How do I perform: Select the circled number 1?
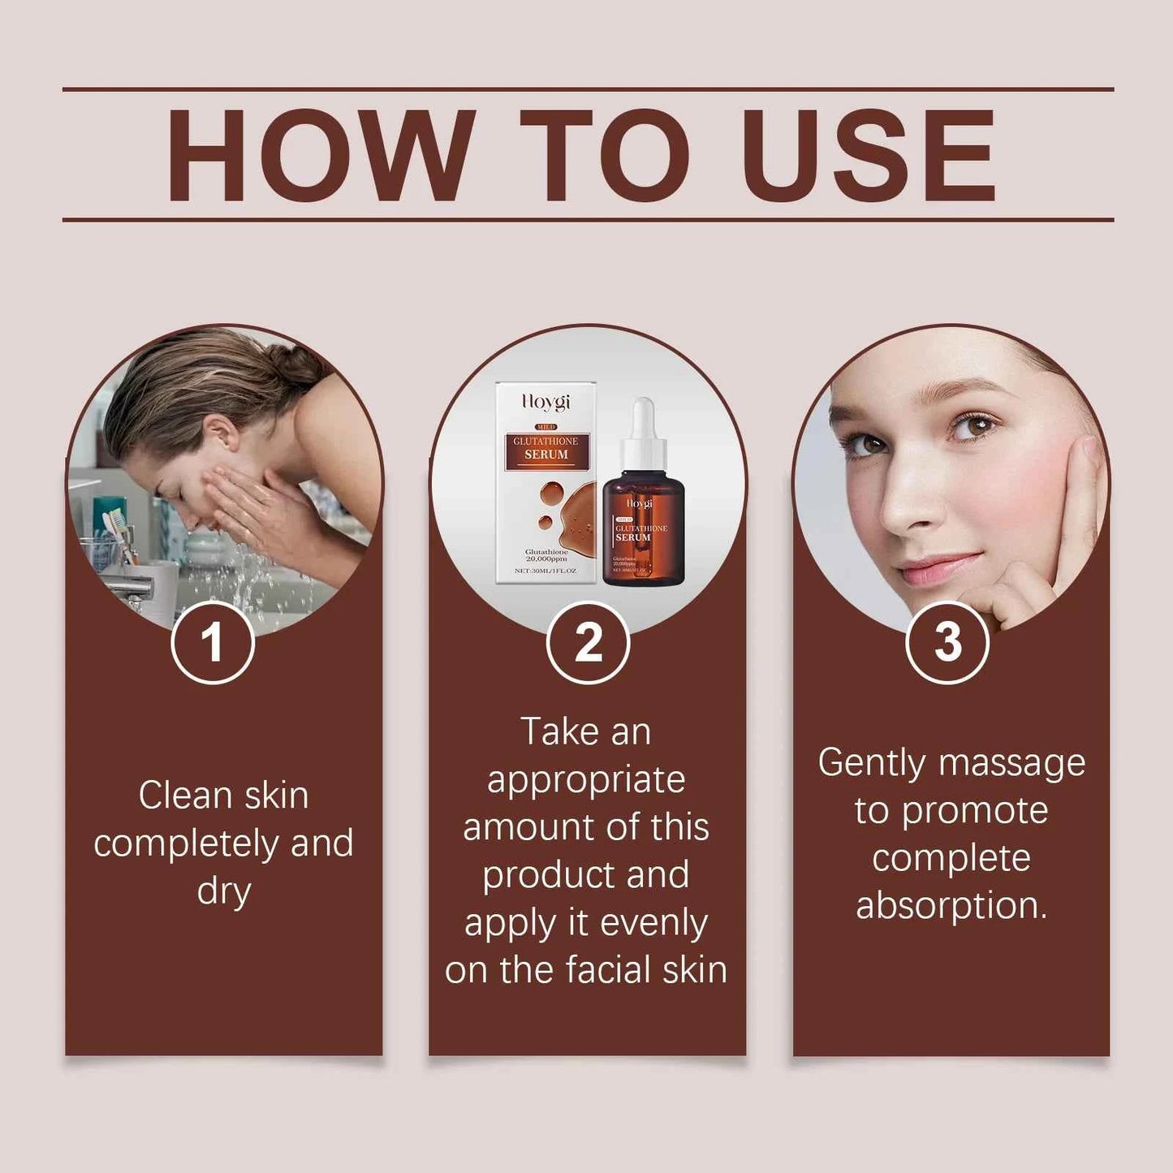[213, 643]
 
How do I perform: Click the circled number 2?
[588, 643]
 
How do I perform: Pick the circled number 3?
[947, 643]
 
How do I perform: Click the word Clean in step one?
[185, 795]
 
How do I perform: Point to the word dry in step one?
[223, 891]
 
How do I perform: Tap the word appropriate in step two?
[586, 779]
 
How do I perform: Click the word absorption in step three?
[951, 906]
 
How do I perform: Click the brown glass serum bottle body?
[644, 536]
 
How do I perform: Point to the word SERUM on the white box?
[546, 455]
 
